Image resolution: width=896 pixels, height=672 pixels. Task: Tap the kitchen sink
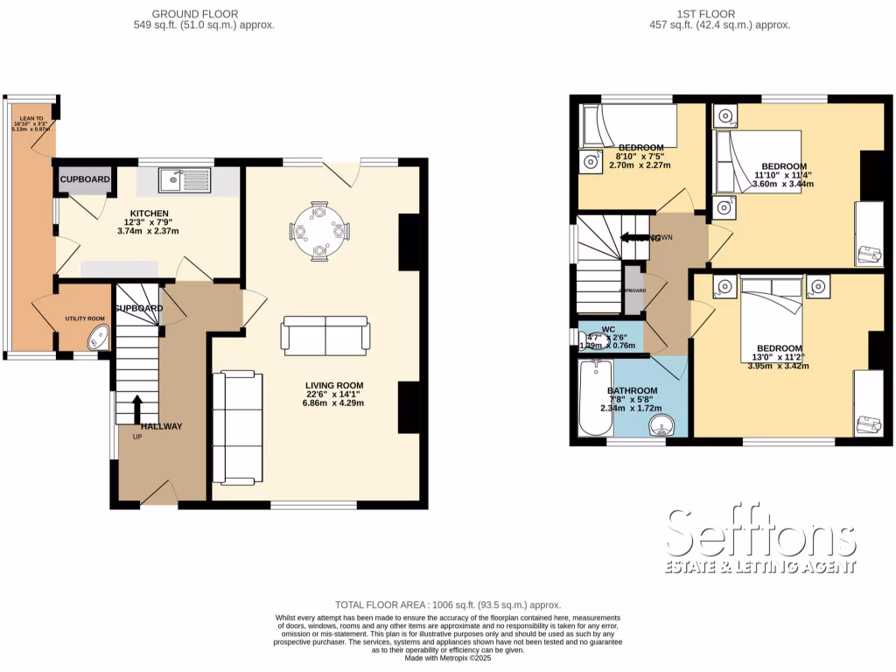[x=185, y=181]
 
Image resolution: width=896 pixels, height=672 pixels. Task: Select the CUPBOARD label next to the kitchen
[x=85, y=180]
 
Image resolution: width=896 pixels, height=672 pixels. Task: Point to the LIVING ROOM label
[x=333, y=385]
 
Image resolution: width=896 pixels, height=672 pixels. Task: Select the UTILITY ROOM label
[x=84, y=318]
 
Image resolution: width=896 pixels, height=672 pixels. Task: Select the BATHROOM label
[x=632, y=390]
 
